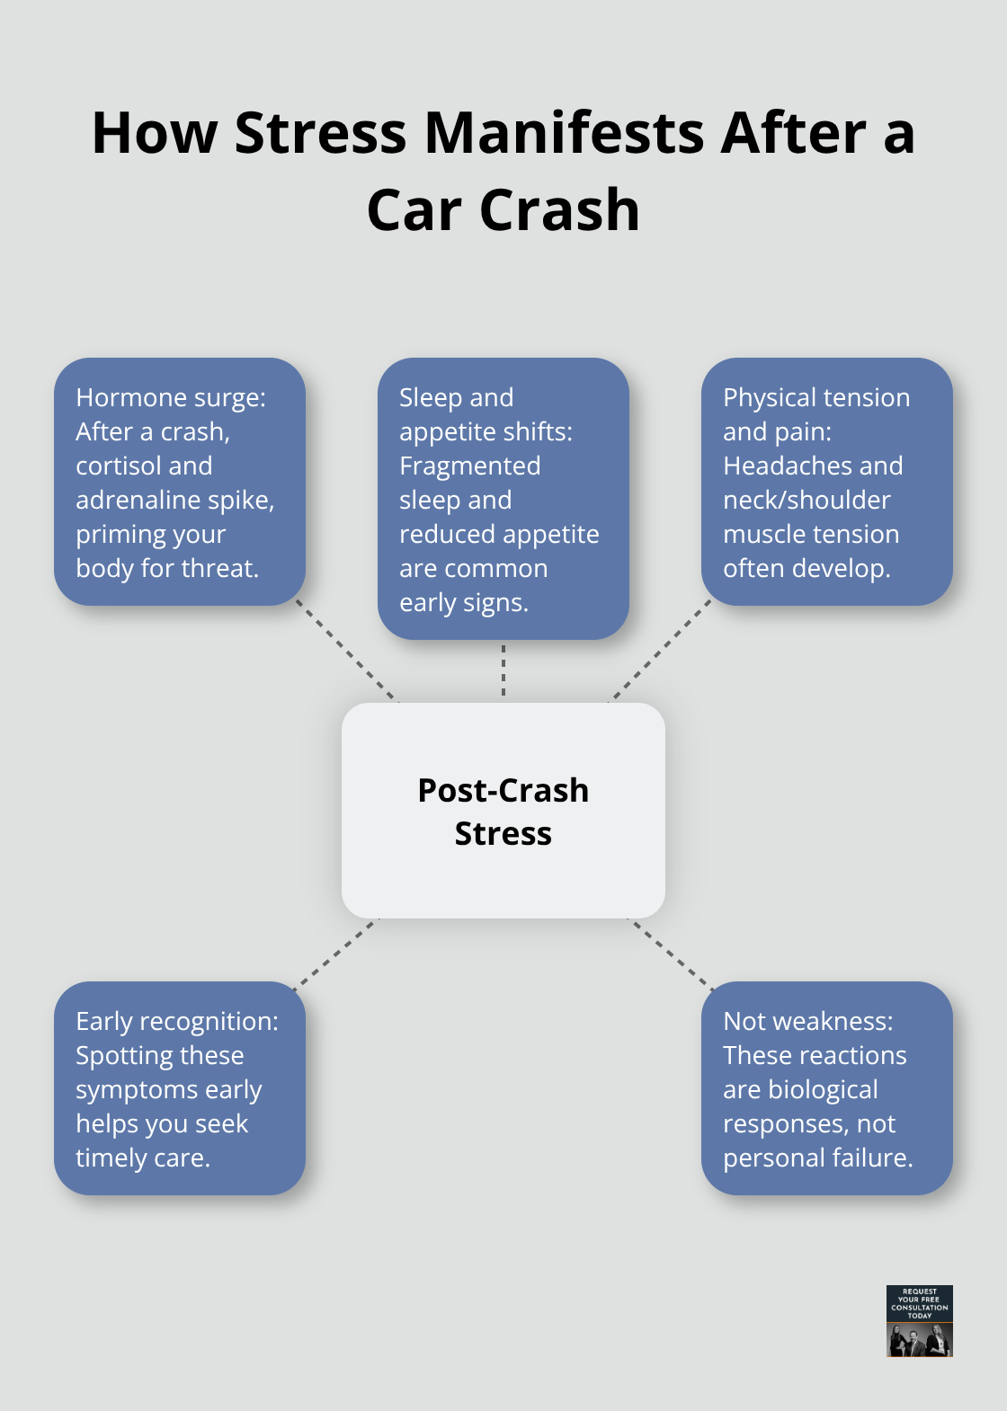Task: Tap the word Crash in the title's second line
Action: [x=559, y=210]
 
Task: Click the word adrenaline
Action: [x=144, y=500]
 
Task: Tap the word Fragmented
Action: [x=470, y=466]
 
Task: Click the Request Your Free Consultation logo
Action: [x=919, y=1320]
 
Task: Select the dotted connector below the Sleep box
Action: [x=503, y=670]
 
